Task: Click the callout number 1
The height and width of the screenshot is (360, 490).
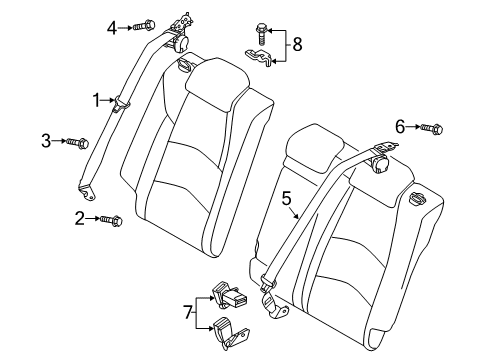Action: click(x=96, y=100)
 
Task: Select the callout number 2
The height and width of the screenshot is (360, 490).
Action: click(x=79, y=218)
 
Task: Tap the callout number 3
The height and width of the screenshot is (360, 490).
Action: click(x=46, y=141)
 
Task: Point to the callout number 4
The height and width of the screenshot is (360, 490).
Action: click(x=112, y=28)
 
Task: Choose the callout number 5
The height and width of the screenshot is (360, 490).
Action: click(x=286, y=199)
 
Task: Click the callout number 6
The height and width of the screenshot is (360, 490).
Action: click(x=400, y=127)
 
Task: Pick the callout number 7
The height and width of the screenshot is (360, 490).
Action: click(x=189, y=313)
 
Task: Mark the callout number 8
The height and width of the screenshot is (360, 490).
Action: click(x=297, y=44)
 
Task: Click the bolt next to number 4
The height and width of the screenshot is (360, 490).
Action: click(x=144, y=26)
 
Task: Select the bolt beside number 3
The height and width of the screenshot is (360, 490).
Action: click(x=78, y=143)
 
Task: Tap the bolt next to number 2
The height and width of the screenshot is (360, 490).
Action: click(x=111, y=220)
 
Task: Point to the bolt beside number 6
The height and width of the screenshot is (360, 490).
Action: click(x=432, y=128)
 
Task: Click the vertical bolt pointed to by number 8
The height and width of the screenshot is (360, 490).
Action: click(x=261, y=34)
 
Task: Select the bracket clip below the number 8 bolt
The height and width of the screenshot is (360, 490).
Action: click(x=259, y=57)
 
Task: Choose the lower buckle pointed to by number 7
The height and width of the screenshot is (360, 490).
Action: click(x=230, y=334)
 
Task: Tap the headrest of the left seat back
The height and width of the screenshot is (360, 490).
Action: click(x=217, y=84)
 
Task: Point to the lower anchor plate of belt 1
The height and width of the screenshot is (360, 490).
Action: click(x=87, y=192)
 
